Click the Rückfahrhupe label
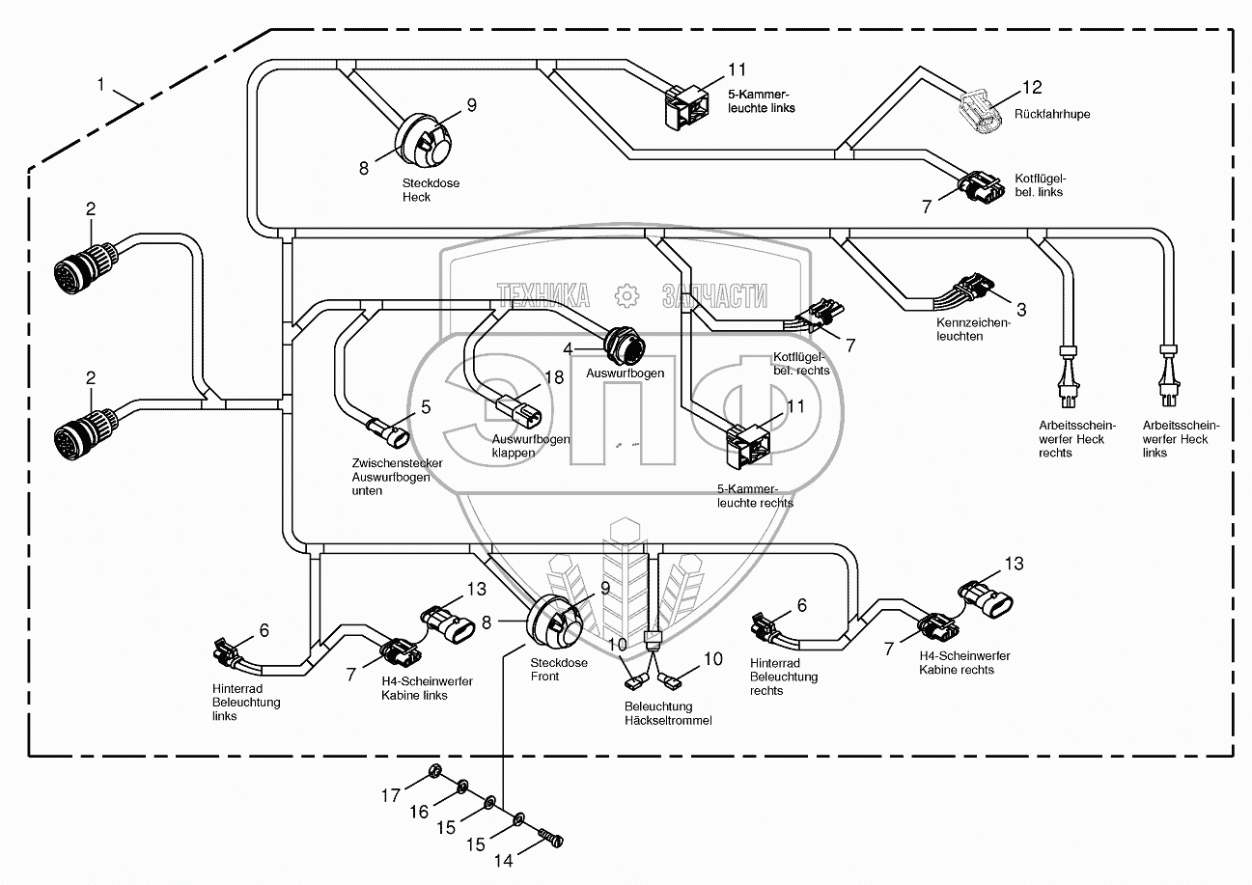(x=1052, y=114)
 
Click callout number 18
(x=554, y=377)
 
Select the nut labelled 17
(x=433, y=773)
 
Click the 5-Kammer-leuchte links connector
(x=686, y=107)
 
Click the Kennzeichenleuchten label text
(x=973, y=330)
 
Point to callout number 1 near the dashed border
(x=100, y=84)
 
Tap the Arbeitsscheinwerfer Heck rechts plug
(x=1068, y=377)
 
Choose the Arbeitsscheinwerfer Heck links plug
(x=1169, y=377)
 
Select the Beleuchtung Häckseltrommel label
(x=668, y=713)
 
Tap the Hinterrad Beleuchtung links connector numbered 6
(x=228, y=652)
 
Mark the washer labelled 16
(x=462, y=788)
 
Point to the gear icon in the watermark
(x=626, y=295)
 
